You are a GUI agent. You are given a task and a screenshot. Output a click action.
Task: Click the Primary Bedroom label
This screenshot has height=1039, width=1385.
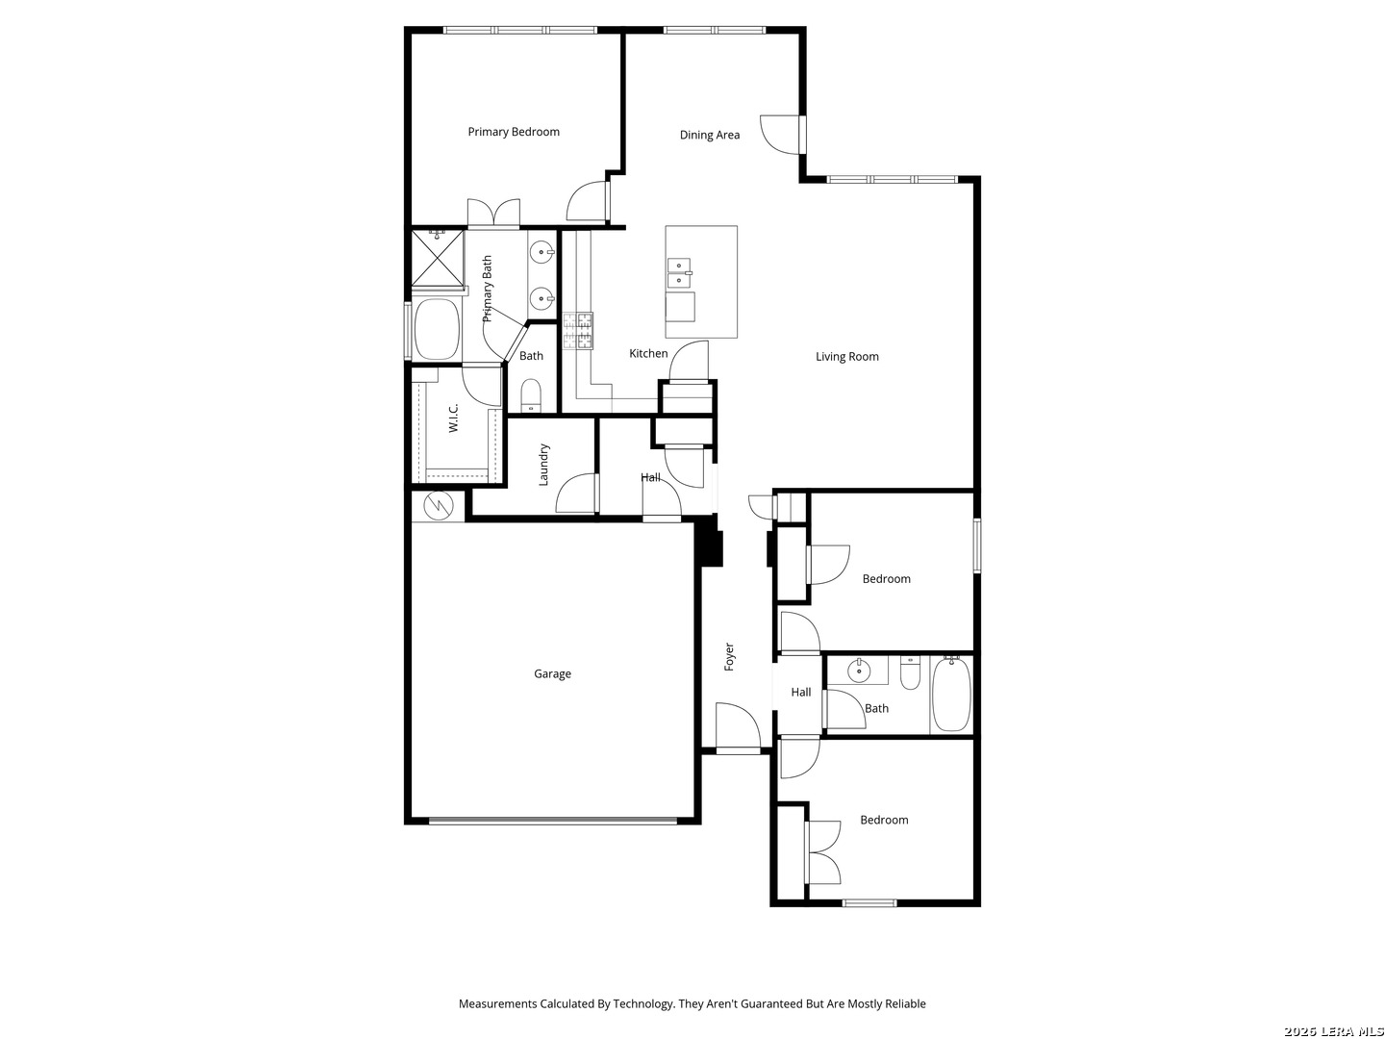(x=513, y=132)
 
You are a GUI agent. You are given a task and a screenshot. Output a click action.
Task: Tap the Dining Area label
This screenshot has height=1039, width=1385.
(x=709, y=135)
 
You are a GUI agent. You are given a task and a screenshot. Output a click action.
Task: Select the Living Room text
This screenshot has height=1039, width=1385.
(x=846, y=356)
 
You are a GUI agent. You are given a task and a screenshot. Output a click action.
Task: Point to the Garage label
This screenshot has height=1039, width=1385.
(x=552, y=673)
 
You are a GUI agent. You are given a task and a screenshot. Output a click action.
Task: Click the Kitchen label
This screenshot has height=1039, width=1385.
(x=648, y=353)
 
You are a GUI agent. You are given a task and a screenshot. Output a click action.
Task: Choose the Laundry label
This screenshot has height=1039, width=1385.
(x=543, y=465)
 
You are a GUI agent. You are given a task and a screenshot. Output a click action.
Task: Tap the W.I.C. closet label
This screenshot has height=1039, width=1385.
(x=453, y=418)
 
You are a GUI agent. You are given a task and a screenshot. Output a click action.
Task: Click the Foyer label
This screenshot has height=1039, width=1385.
(x=729, y=657)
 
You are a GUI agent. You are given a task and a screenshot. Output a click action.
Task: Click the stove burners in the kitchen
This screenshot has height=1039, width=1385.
(x=578, y=331)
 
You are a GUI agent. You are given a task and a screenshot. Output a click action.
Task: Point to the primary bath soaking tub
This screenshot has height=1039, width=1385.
(x=437, y=329)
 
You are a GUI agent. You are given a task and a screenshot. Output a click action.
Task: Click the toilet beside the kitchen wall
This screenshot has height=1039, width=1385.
(x=531, y=395)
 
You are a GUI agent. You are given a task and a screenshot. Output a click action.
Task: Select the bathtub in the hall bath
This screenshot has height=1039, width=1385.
(x=951, y=694)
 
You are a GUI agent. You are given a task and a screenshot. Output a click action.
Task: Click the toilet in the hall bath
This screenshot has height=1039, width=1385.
(x=910, y=673)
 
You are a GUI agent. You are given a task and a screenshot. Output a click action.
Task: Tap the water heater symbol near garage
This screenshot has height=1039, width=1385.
(x=438, y=505)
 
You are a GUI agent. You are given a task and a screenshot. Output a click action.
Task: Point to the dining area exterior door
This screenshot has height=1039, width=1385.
(x=780, y=135)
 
